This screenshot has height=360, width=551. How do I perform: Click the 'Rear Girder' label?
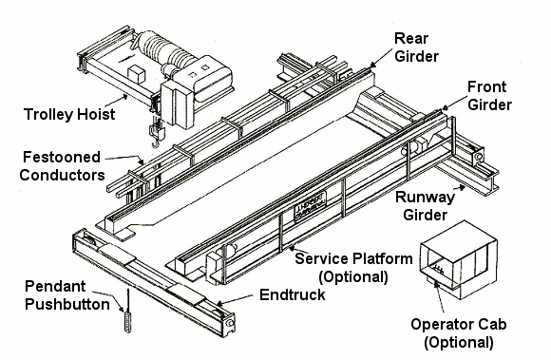click(x=416, y=47)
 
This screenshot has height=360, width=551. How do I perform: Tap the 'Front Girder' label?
click(x=489, y=96)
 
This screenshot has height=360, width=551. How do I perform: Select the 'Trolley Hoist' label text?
click(x=69, y=114)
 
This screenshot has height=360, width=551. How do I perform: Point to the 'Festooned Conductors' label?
click(x=62, y=166)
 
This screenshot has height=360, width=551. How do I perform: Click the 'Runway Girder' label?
click(x=425, y=206)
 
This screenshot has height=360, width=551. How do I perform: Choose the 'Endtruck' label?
click(x=293, y=294)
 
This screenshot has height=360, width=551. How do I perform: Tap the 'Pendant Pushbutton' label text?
click(x=67, y=295)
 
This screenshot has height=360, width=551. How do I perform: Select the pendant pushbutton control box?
click(x=128, y=322)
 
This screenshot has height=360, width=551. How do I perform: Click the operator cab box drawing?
click(x=458, y=259)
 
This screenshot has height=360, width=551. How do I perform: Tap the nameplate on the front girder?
click(x=310, y=207)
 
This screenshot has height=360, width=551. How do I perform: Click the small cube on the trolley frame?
click(x=137, y=74)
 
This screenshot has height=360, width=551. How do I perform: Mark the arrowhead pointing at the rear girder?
click(x=371, y=66)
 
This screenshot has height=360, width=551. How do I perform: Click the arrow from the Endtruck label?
click(x=235, y=299)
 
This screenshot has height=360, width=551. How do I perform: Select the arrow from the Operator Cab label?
click(x=438, y=296)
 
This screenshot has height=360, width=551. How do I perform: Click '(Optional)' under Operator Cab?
click(x=459, y=342)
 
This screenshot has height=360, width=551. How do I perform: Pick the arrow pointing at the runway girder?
click(x=458, y=190)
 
